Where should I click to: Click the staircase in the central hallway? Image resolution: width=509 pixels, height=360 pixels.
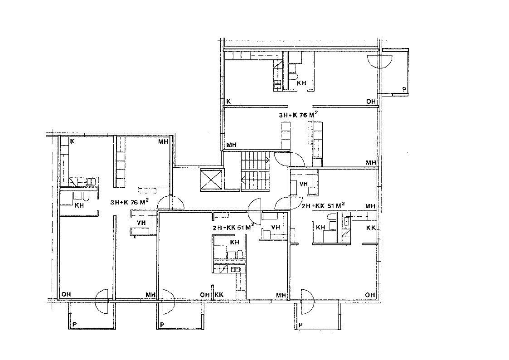click(x=256, y=171)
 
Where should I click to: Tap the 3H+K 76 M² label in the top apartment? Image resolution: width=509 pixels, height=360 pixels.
click(x=298, y=115)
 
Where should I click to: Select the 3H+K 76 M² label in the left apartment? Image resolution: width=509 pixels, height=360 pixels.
click(x=130, y=202)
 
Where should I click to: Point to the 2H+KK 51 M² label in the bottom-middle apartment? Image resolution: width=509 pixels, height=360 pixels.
click(x=233, y=227)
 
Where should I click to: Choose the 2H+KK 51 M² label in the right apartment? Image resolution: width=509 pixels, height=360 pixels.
click(x=323, y=205)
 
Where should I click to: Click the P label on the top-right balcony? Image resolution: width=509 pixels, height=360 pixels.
click(x=404, y=89)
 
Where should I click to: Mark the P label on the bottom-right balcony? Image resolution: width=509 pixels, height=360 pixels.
click(x=301, y=325)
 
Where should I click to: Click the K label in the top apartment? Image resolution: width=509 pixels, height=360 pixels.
click(x=228, y=101)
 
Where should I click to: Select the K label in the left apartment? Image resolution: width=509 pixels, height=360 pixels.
click(x=73, y=141)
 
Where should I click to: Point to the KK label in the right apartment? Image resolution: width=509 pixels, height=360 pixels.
click(x=371, y=228)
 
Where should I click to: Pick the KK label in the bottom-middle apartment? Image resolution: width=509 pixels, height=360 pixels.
click(x=219, y=295)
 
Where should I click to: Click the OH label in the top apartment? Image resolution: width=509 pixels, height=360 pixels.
click(x=371, y=102)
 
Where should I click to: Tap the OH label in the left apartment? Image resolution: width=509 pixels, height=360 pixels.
click(x=66, y=294)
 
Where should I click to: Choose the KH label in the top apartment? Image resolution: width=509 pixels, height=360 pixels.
click(x=301, y=83)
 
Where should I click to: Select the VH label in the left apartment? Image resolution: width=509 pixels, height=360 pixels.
click(x=141, y=223)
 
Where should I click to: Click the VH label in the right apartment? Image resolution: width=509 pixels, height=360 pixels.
click(x=304, y=184)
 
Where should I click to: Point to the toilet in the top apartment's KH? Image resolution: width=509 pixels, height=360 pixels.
click(x=293, y=76)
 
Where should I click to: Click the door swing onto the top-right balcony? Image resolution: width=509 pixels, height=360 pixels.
click(x=379, y=62)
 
